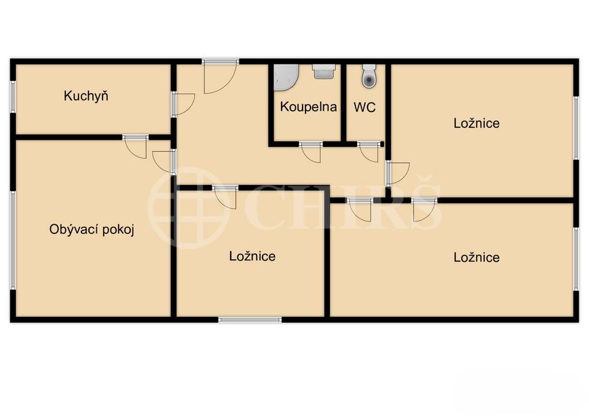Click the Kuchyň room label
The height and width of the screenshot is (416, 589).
point(86,96)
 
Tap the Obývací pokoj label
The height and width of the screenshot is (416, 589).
point(91,229)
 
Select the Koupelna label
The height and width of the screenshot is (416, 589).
point(308,107)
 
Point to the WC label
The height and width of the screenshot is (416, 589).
point(364,107)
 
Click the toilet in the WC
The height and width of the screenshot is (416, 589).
point(369,76)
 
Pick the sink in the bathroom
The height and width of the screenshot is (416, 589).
point(323,72)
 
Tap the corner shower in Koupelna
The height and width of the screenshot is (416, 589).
point(285,78)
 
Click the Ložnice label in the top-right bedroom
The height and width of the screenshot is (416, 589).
point(476,123)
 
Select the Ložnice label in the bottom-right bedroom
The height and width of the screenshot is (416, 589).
point(476,257)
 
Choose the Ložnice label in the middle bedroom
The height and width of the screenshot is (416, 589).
point(252,256)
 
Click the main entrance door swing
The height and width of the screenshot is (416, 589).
point(220,77)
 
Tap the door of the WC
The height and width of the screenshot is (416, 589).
point(368,152)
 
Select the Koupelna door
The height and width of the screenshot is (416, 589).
point(311,152)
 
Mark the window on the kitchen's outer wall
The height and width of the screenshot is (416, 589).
point(13,97)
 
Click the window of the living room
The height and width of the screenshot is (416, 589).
point(13,240)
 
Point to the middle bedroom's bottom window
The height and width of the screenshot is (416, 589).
point(250,320)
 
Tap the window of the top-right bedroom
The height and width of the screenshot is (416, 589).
point(576,127)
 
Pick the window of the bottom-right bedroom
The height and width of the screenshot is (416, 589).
point(576,259)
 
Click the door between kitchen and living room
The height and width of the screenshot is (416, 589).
point(135,146)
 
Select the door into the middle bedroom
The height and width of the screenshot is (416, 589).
point(225,197)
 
